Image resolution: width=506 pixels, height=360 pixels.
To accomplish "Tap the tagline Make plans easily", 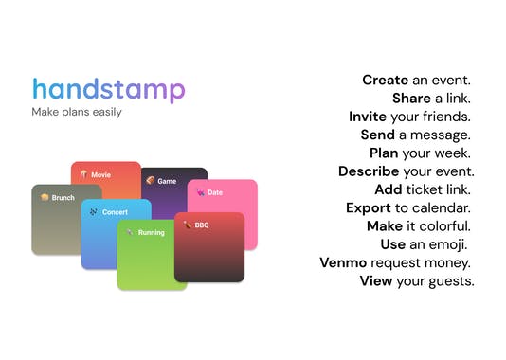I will pyautogui.click(x=77, y=113).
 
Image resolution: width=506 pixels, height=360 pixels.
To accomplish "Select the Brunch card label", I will pyautogui.click(x=63, y=198).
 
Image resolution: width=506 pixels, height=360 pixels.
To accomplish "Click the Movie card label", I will pyautogui.click(x=100, y=174).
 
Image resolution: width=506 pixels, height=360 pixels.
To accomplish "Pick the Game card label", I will pyautogui.click(x=167, y=181).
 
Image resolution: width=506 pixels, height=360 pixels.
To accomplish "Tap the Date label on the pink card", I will pyautogui.click(x=215, y=192).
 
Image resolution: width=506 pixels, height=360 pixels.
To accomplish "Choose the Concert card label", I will pyautogui.click(x=115, y=212).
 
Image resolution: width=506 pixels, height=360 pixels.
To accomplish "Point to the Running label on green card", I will pyautogui.click(x=151, y=232).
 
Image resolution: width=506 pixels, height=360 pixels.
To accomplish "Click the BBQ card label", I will pyautogui.click(x=202, y=225).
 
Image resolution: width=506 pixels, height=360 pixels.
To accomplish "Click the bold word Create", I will pyautogui.click(x=385, y=80).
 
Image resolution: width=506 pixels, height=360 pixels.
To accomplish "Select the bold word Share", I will pyautogui.click(x=413, y=99).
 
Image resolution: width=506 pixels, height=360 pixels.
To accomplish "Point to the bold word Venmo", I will pyautogui.click(x=343, y=262).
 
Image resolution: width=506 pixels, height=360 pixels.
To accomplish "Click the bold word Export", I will pyautogui.click(x=368, y=207).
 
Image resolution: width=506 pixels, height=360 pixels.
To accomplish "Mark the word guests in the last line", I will pyautogui.click(x=450, y=281).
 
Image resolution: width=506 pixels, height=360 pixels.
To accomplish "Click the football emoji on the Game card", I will pyautogui.click(x=150, y=180).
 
